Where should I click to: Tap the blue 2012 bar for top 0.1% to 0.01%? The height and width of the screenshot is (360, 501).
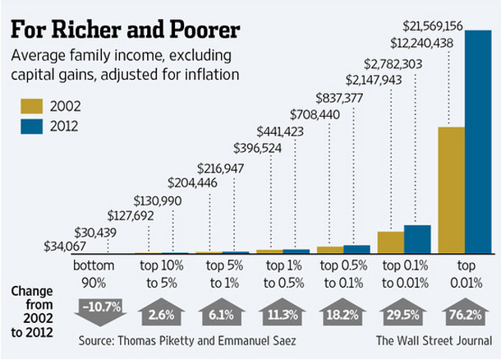pos(417,239)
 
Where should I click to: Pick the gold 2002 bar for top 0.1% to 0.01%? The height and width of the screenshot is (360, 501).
pos(391,242)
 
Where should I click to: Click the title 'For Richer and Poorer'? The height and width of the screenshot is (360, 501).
pos(124,30)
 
